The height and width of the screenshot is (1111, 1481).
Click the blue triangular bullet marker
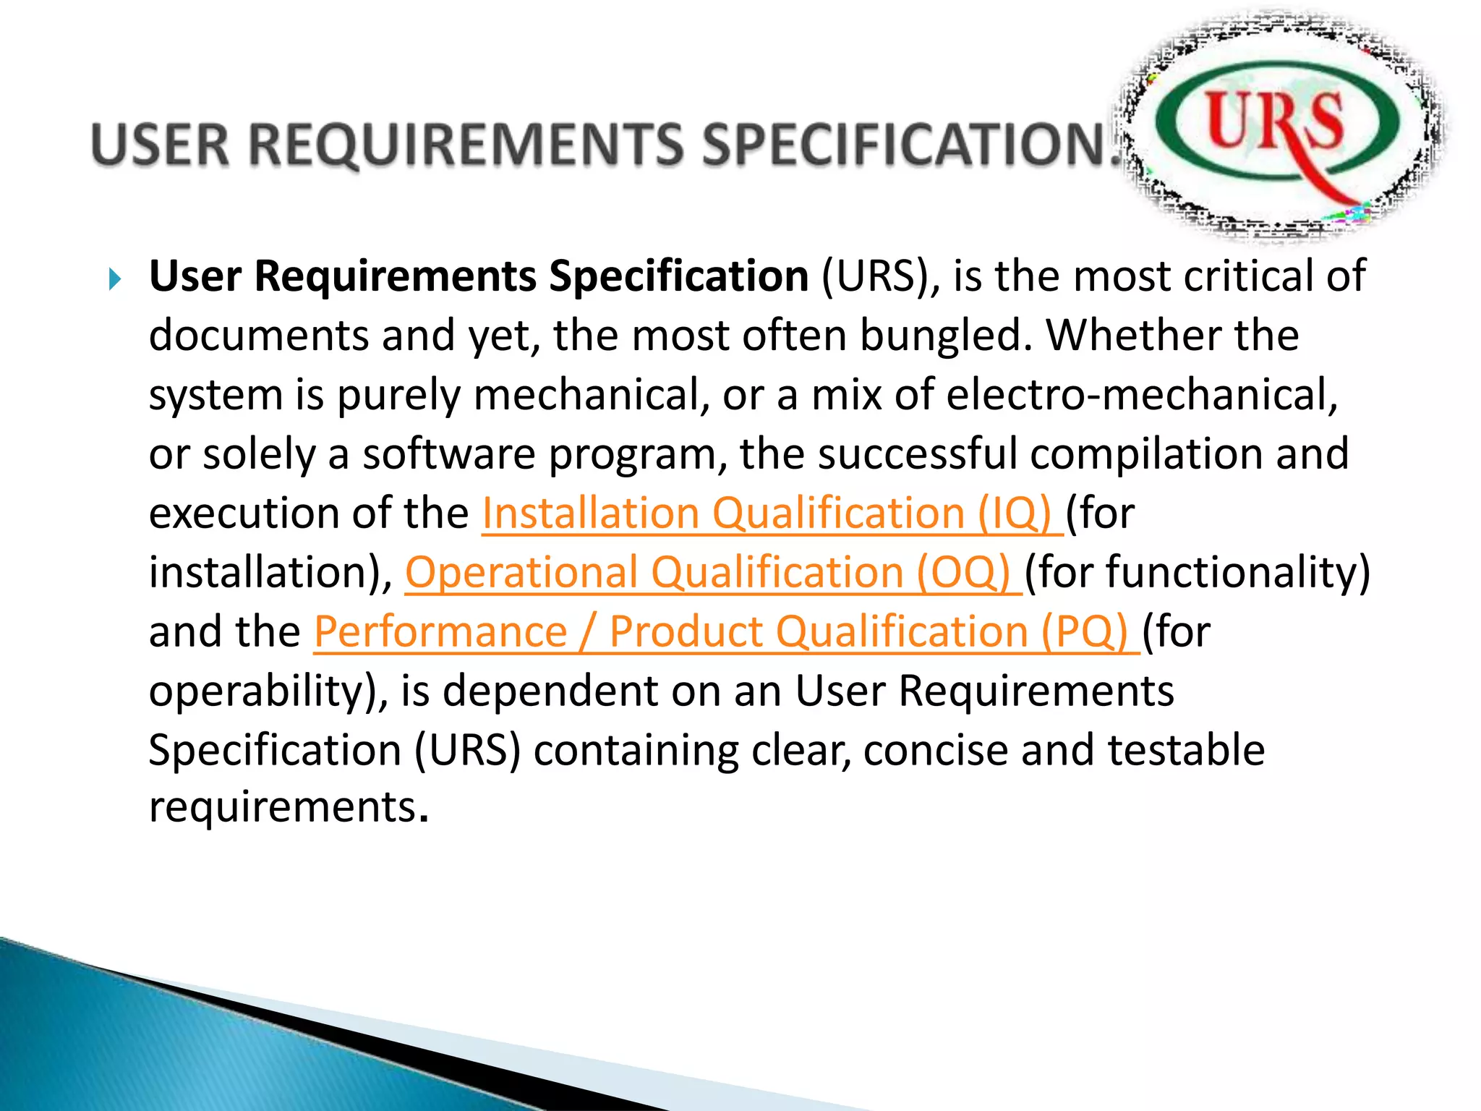click(x=114, y=278)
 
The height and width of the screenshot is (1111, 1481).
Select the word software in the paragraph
click(x=449, y=455)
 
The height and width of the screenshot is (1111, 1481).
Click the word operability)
click(x=268, y=691)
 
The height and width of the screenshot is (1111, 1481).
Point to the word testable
click(x=1186, y=750)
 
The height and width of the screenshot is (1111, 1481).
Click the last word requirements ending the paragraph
click(x=283, y=807)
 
